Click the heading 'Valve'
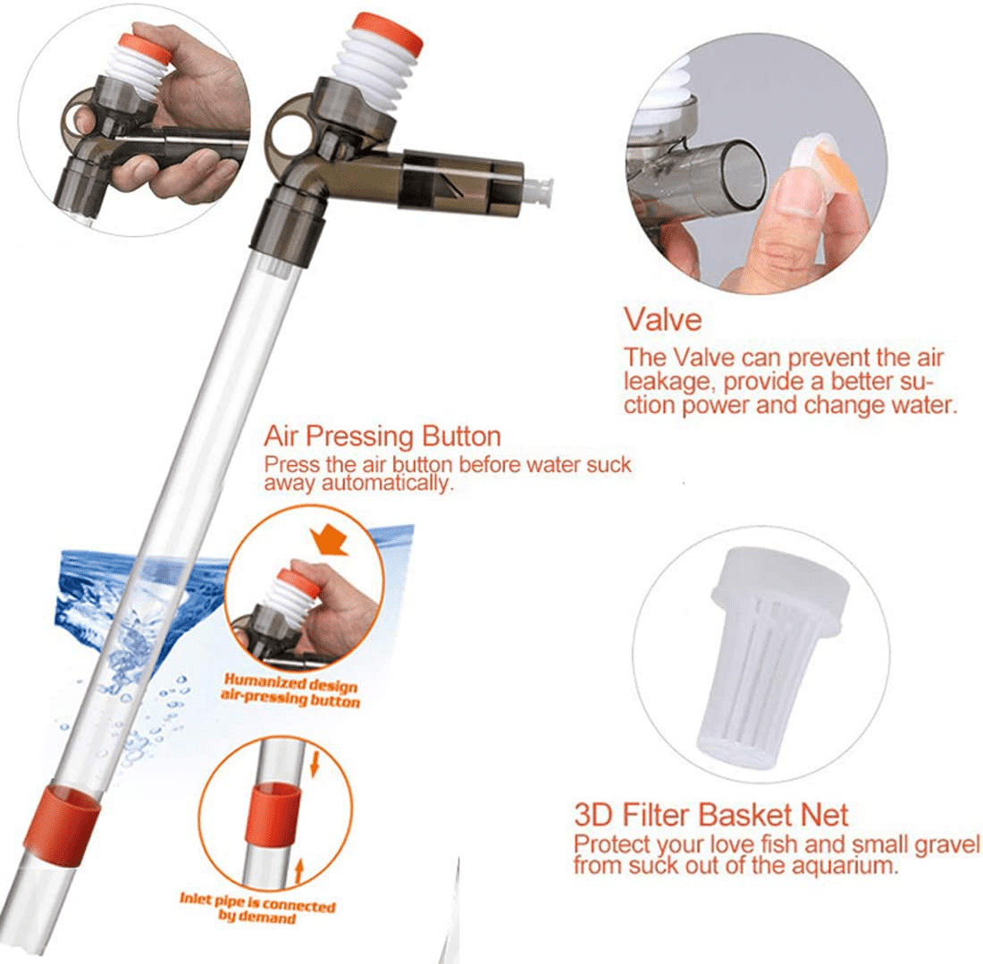[663, 319]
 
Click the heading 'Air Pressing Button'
[382, 437]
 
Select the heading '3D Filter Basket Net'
[710, 816]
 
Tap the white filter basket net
[776, 656]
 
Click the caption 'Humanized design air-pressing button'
[290, 694]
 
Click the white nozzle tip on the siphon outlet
[539, 190]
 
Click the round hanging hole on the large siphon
[289, 119]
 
